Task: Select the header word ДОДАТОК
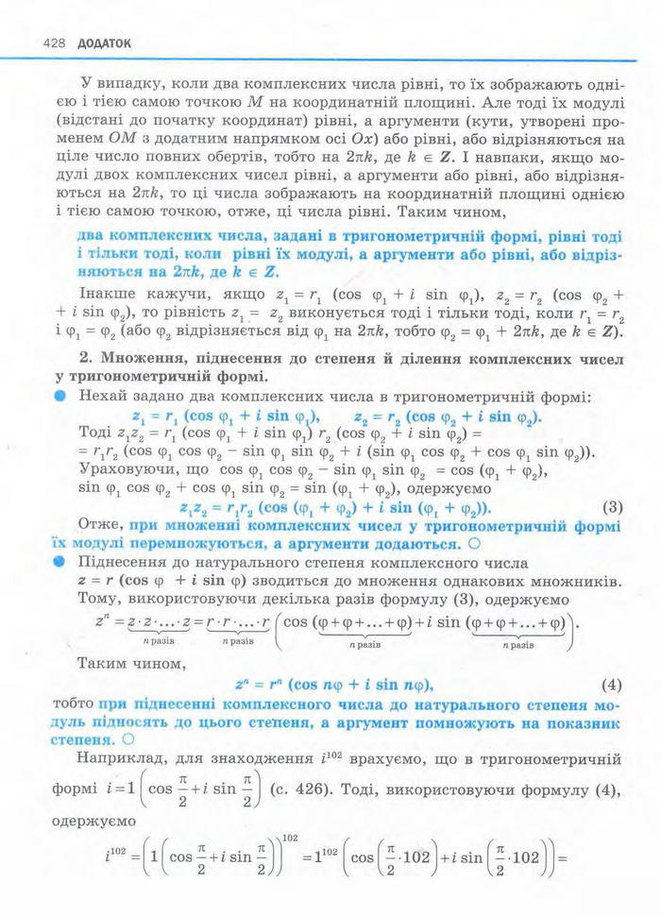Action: click(103, 43)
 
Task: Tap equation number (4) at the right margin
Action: click(615, 684)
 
